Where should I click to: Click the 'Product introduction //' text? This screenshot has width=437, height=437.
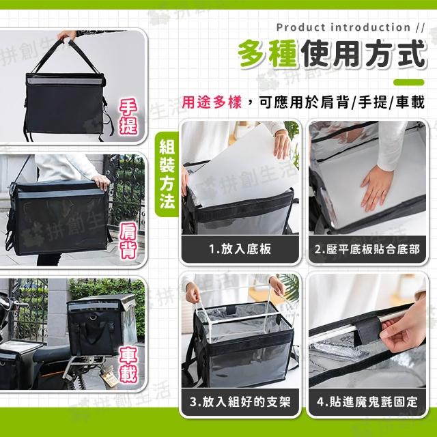pyautogui.click(x=350, y=27)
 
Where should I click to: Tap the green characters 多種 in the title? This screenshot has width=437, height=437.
pyautogui.click(x=268, y=53)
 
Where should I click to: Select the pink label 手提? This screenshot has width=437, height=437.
pyautogui.click(x=128, y=117)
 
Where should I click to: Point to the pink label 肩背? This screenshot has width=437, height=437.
pyautogui.click(x=128, y=240)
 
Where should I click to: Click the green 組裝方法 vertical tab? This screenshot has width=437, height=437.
pyautogui.click(x=167, y=174)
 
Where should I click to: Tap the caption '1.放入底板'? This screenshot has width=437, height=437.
pyautogui.click(x=240, y=249)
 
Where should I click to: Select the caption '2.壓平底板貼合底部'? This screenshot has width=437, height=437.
pyautogui.click(x=367, y=249)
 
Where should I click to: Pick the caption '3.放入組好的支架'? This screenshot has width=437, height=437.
pyautogui.click(x=240, y=401)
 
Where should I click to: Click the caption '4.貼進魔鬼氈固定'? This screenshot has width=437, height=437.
pyautogui.click(x=367, y=401)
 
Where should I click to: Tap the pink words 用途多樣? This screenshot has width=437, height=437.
pyautogui.click(x=212, y=102)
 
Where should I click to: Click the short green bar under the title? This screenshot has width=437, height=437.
pyautogui.click(x=409, y=82)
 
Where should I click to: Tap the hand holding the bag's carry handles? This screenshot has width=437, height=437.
pyautogui.click(x=66, y=35)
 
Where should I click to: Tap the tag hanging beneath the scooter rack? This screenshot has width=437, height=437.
pyautogui.click(x=109, y=378)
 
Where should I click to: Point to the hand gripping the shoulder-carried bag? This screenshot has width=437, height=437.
pyautogui.click(x=101, y=182)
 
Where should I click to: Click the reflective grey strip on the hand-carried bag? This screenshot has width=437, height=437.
pyautogui.click(x=65, y=81)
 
